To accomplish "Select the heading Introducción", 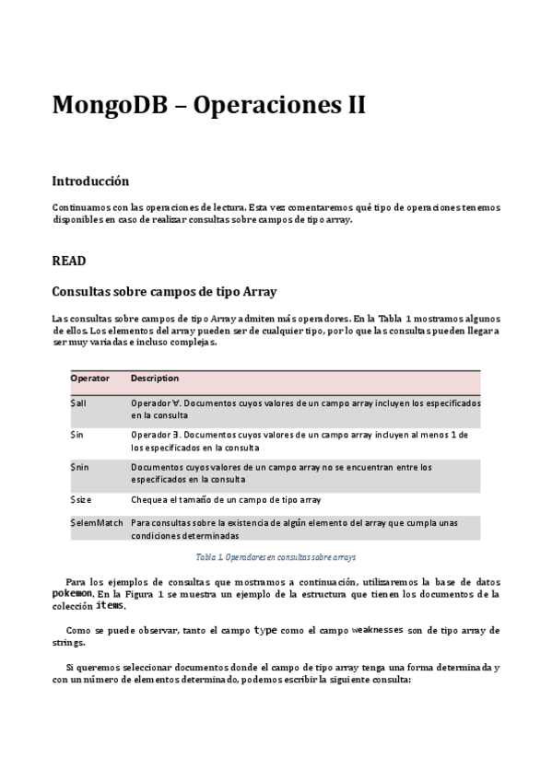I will (x=90, y=181).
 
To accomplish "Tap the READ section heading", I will (x=69, y=261).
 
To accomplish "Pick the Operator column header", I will (x=89, y=379).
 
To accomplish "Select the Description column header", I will (x=155, y=379).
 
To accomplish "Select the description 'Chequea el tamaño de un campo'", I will (x=226, y=499).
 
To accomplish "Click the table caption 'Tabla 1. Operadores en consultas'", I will (x=276, y=557).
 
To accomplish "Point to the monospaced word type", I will (x=265, y=630).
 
